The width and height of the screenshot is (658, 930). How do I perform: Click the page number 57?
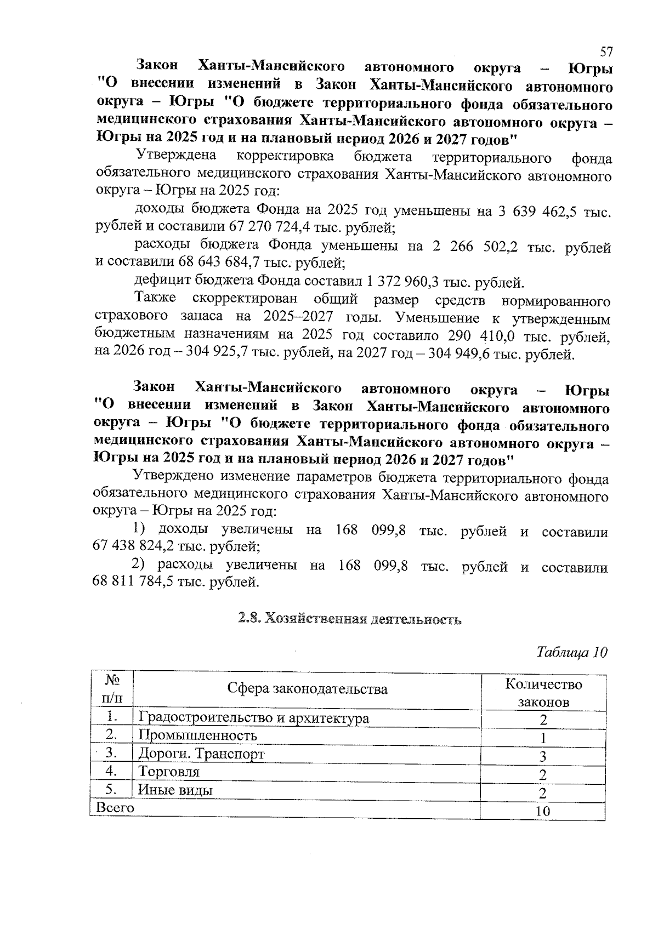pyautogui.click(x=606, y=52)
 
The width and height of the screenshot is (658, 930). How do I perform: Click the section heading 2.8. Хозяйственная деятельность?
pyautogui.click(x=350, y=619)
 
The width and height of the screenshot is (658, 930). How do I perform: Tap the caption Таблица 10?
pyautogui.click(x=572, y=652)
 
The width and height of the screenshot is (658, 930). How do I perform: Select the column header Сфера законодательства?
pyautogui.click(x=307, y=689)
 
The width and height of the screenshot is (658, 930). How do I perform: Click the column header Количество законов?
pyautogui.click(x=543, y=693)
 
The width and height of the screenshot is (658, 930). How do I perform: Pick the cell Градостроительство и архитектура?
pyautogui.click(x=253, y=717)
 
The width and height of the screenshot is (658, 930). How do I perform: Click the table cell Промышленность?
pyautogui.click(x=197, y=735)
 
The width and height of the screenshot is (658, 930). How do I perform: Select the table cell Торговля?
pyautogui.click(x=169, y=772)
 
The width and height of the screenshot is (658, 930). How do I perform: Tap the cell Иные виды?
pyautogui.click(x=175, y=790)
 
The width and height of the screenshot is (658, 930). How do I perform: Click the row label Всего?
pyautogui.click(x=115, y=807)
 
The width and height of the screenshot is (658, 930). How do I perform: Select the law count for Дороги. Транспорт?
pyautogui.click(x=542, y=757)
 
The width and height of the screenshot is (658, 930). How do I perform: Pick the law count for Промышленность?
pyautogui.click(x=542, y=738)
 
